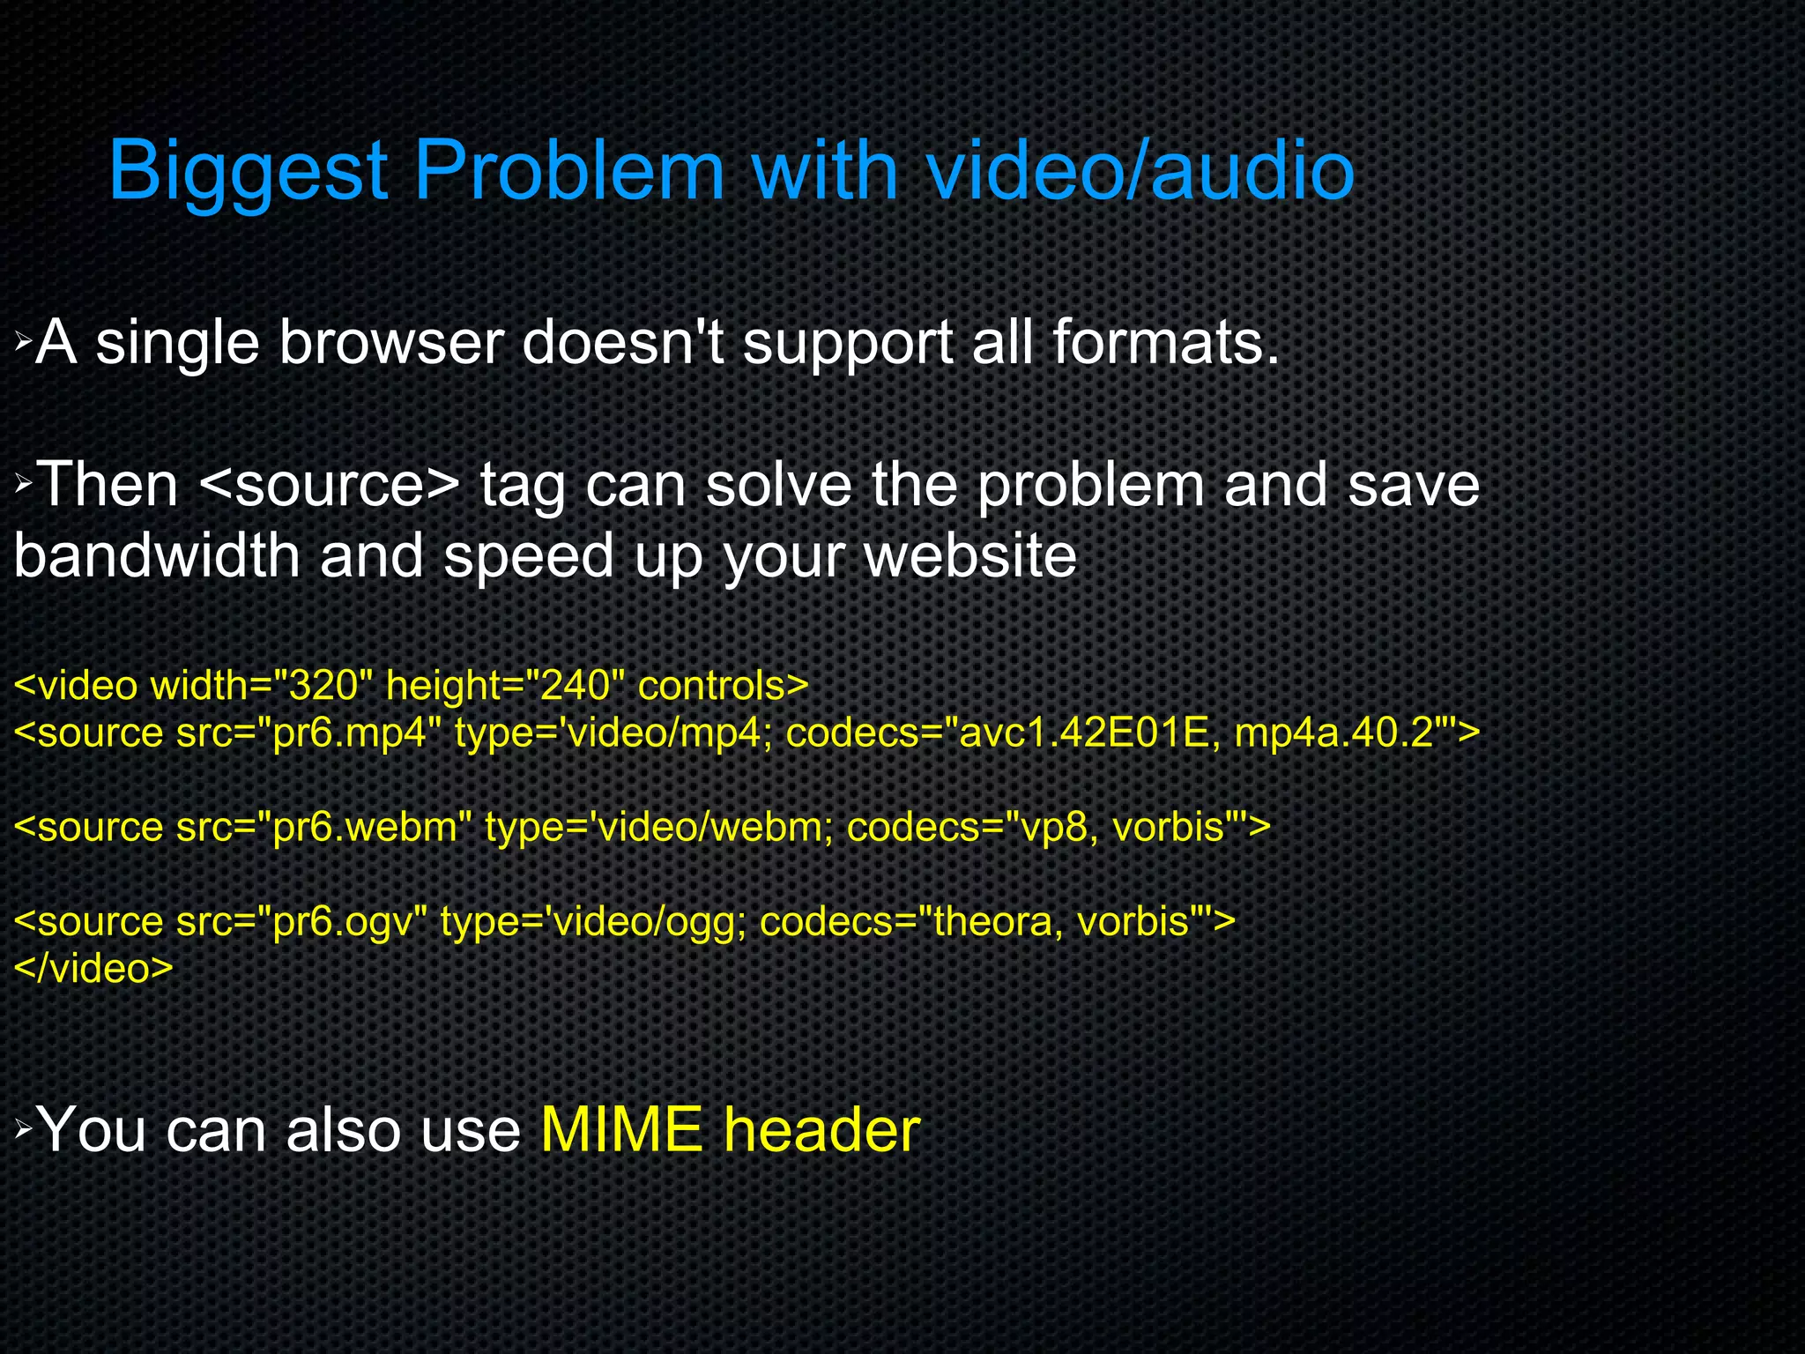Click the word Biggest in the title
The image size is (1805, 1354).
pos(249,172)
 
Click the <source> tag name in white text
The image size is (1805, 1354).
pos(330,485)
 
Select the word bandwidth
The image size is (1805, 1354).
pos(157,556)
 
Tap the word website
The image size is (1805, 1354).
pos(970,556)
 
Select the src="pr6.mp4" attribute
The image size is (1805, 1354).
pos(308,733)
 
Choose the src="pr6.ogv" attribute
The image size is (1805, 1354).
pos(301,922)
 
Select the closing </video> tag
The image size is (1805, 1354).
pos(93,969)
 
